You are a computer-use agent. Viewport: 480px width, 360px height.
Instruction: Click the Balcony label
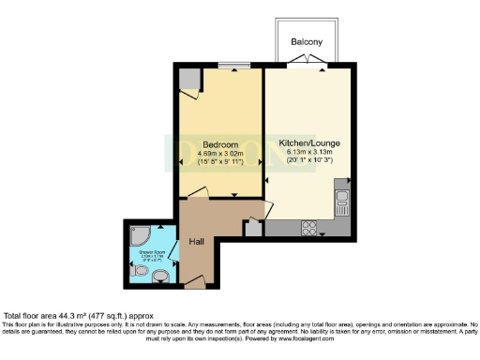coord(307,42)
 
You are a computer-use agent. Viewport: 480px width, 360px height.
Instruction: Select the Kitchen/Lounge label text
coord(309,142)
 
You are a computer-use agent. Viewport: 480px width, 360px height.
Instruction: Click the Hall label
coord(198,242)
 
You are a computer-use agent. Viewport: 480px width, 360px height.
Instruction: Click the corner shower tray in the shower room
coord(136,233)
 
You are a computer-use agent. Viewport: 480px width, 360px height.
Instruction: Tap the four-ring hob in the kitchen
coord(307,227)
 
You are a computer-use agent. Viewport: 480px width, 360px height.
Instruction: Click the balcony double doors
coord(307,62)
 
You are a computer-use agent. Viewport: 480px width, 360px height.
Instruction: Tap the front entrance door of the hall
coord(194,281)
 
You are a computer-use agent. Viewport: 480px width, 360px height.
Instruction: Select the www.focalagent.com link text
coord(409,337)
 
